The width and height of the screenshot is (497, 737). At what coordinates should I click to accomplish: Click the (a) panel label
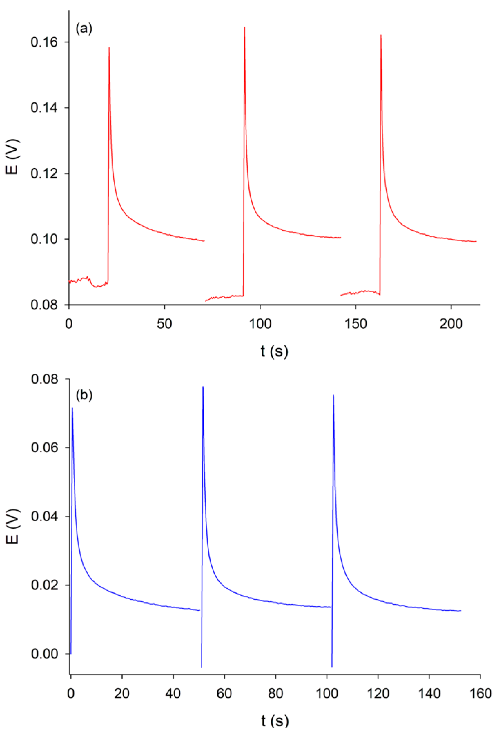pos(84,29)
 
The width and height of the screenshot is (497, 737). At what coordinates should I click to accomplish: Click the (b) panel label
pos(84,395)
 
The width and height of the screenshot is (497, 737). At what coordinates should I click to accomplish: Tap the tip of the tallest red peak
pos(244,27)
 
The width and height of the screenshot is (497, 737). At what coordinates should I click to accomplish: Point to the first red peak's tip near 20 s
pos(109,48)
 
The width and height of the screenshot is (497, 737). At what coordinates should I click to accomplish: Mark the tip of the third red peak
pos(381,35)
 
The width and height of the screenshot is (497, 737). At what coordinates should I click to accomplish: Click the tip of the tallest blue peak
pos(203,387)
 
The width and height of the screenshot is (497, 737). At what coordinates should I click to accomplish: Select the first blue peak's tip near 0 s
pos(72,408)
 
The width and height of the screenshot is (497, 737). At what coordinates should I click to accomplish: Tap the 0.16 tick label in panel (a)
pos(44,42)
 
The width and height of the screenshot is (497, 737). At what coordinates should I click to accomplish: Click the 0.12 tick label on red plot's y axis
pos(44,173)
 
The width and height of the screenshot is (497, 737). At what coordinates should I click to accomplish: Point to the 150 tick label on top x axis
pos(355,324)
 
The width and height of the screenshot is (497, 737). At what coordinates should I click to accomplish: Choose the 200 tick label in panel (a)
pos(451,324)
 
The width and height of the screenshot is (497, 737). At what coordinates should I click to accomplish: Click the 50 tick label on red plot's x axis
pos(164,324)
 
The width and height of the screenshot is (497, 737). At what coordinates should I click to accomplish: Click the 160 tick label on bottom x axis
pos(480,694)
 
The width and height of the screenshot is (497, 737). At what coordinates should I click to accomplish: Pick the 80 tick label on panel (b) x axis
pos(275,694)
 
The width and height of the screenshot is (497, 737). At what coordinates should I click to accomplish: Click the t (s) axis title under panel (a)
pos(274,351)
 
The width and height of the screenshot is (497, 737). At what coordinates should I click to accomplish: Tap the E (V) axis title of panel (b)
pos(13,526)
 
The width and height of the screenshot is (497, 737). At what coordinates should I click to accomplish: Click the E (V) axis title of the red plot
pos(13,157)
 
